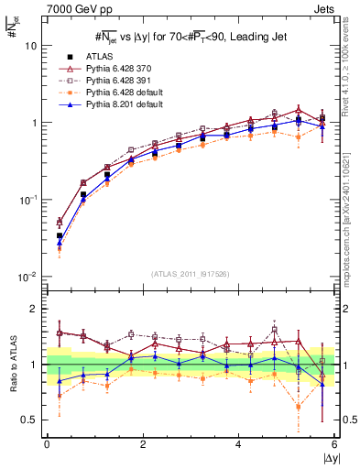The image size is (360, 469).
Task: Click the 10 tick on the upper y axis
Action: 31,46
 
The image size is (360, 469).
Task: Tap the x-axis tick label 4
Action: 238,445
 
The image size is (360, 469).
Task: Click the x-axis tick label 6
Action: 333,445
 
